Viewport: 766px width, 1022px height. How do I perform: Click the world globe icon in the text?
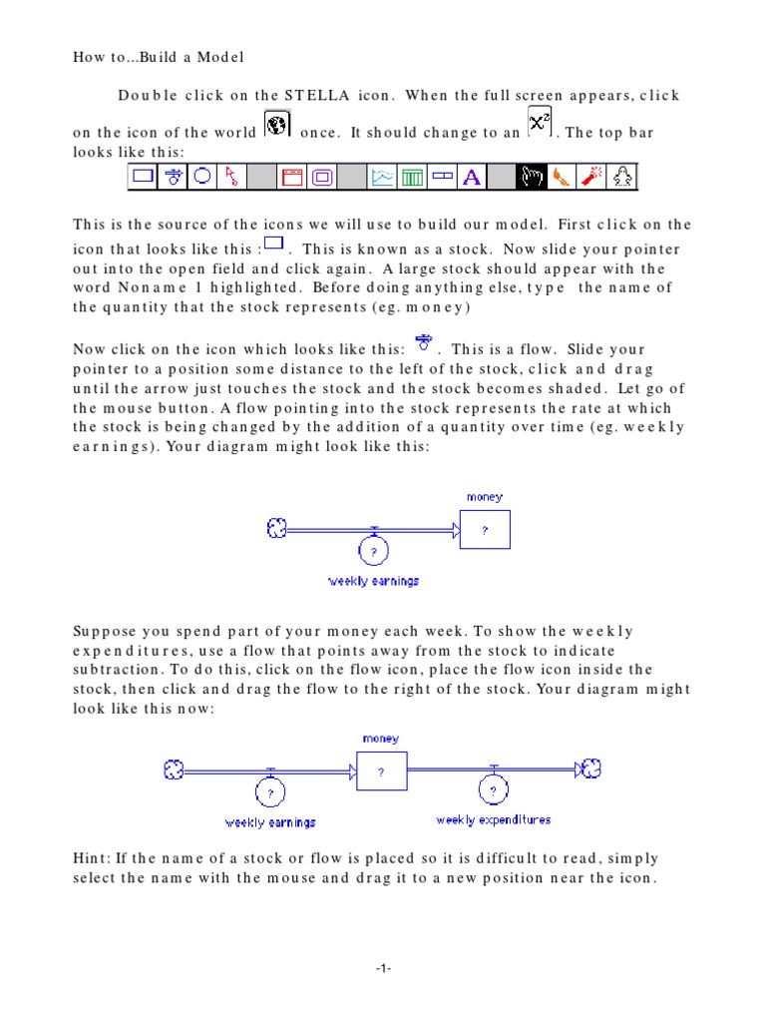(x=276, y=126)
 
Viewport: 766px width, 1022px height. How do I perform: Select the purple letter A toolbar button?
(x=473, y=178)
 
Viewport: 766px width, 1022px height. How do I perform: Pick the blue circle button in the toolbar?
(x=201, y=177)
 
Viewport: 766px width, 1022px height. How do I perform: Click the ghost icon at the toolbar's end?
(x=622, y=178)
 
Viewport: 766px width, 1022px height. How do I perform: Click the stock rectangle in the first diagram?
(x=485, y=530)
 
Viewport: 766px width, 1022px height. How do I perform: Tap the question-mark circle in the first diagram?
(x=373, y=550)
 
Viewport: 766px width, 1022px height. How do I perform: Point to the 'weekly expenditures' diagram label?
(x=494, y=819)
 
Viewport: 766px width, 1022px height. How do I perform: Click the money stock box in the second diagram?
(x=381, y=770)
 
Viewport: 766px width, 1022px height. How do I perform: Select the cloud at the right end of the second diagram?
(x=591, y=767)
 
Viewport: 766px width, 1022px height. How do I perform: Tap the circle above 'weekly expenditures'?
(x=493, y=790)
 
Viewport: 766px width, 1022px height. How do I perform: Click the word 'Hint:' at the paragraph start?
(x=92, y=858)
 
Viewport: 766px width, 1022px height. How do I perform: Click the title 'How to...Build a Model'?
(x=159, y=57)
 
